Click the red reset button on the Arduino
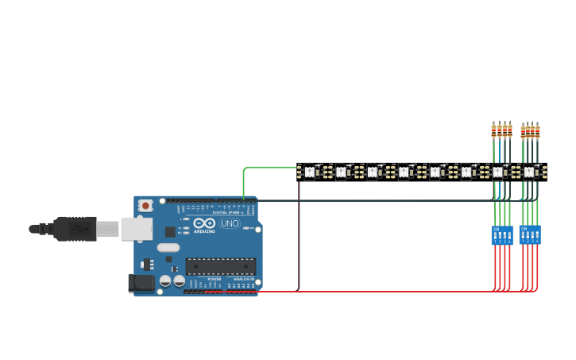145,206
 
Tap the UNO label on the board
230,224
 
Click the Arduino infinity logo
204,223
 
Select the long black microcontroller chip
221,266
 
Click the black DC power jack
141,282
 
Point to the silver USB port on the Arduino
136,229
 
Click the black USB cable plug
75,229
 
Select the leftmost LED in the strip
309,171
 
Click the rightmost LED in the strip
529,171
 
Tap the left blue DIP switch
502,235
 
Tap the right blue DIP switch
530,234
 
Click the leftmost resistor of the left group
493,130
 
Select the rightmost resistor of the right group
538,131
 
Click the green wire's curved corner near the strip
245,169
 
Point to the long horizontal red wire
373,292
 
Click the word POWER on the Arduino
215,279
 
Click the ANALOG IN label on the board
242,279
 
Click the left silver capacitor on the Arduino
165,281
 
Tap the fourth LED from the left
404,171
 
